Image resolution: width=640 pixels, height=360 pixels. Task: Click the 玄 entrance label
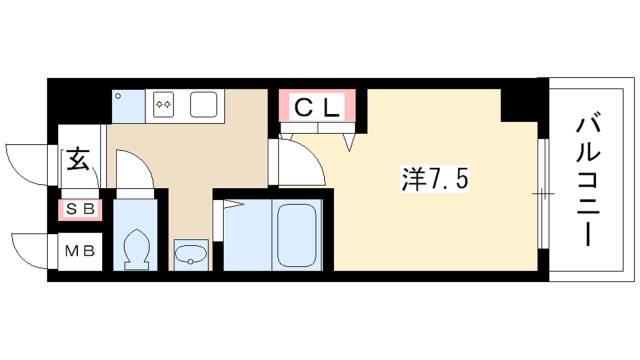pyautogui.click(x=78, y=160)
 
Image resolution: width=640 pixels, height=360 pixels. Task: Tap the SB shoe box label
pyautogui.click(x=77, y=210)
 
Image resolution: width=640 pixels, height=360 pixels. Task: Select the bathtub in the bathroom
pyautogui.click(x=296, y=236)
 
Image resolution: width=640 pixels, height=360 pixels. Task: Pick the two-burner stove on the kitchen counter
pyautogui.click(x=164, y=103)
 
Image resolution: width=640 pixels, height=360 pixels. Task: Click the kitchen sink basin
pyautogui.click(x=205, y=103)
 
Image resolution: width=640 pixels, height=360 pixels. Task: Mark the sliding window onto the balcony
pyautogui.click(x=544, y=190)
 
